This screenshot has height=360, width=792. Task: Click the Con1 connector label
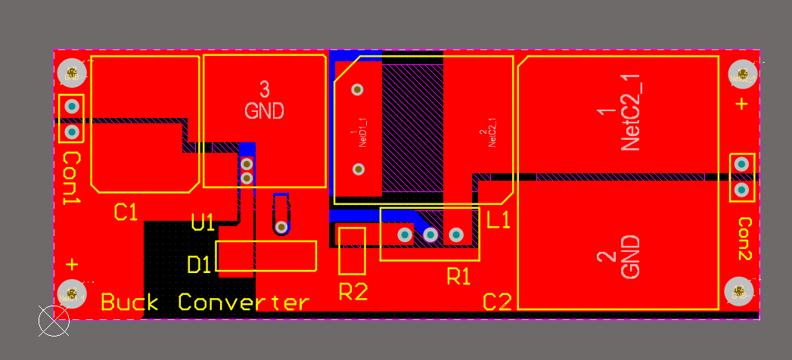point(72,178)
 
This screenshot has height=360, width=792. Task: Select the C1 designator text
point(126,213)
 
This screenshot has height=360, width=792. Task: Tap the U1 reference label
point(203,222)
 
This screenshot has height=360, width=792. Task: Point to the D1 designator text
point(200,265)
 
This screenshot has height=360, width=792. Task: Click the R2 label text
point(353,290)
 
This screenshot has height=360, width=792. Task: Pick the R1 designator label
point(458,277)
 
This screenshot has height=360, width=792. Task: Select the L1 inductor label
point(499,221)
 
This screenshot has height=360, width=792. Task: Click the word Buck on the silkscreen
point(129,303)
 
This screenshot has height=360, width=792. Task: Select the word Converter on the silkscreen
point(244,303)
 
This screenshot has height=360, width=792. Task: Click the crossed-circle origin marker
point(54,321)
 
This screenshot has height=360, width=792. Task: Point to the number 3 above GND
point(264,88)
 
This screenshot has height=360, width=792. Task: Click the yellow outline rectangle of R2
point(353,250)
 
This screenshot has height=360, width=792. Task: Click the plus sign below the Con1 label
point(72,265)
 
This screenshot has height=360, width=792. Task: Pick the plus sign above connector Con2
point(741,104)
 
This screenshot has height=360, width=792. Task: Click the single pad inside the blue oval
point(281,226)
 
